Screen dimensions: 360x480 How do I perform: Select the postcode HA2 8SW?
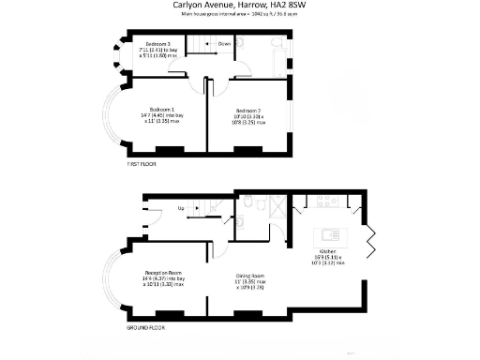point(288,5)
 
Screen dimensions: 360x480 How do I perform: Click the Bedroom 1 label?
point(156,105)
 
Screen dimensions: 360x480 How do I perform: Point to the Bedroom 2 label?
point(246,110)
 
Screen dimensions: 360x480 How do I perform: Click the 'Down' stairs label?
point(224,43)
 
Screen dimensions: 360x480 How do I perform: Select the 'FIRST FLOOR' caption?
point(141,163)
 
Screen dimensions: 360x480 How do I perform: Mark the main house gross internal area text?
point(240,14)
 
